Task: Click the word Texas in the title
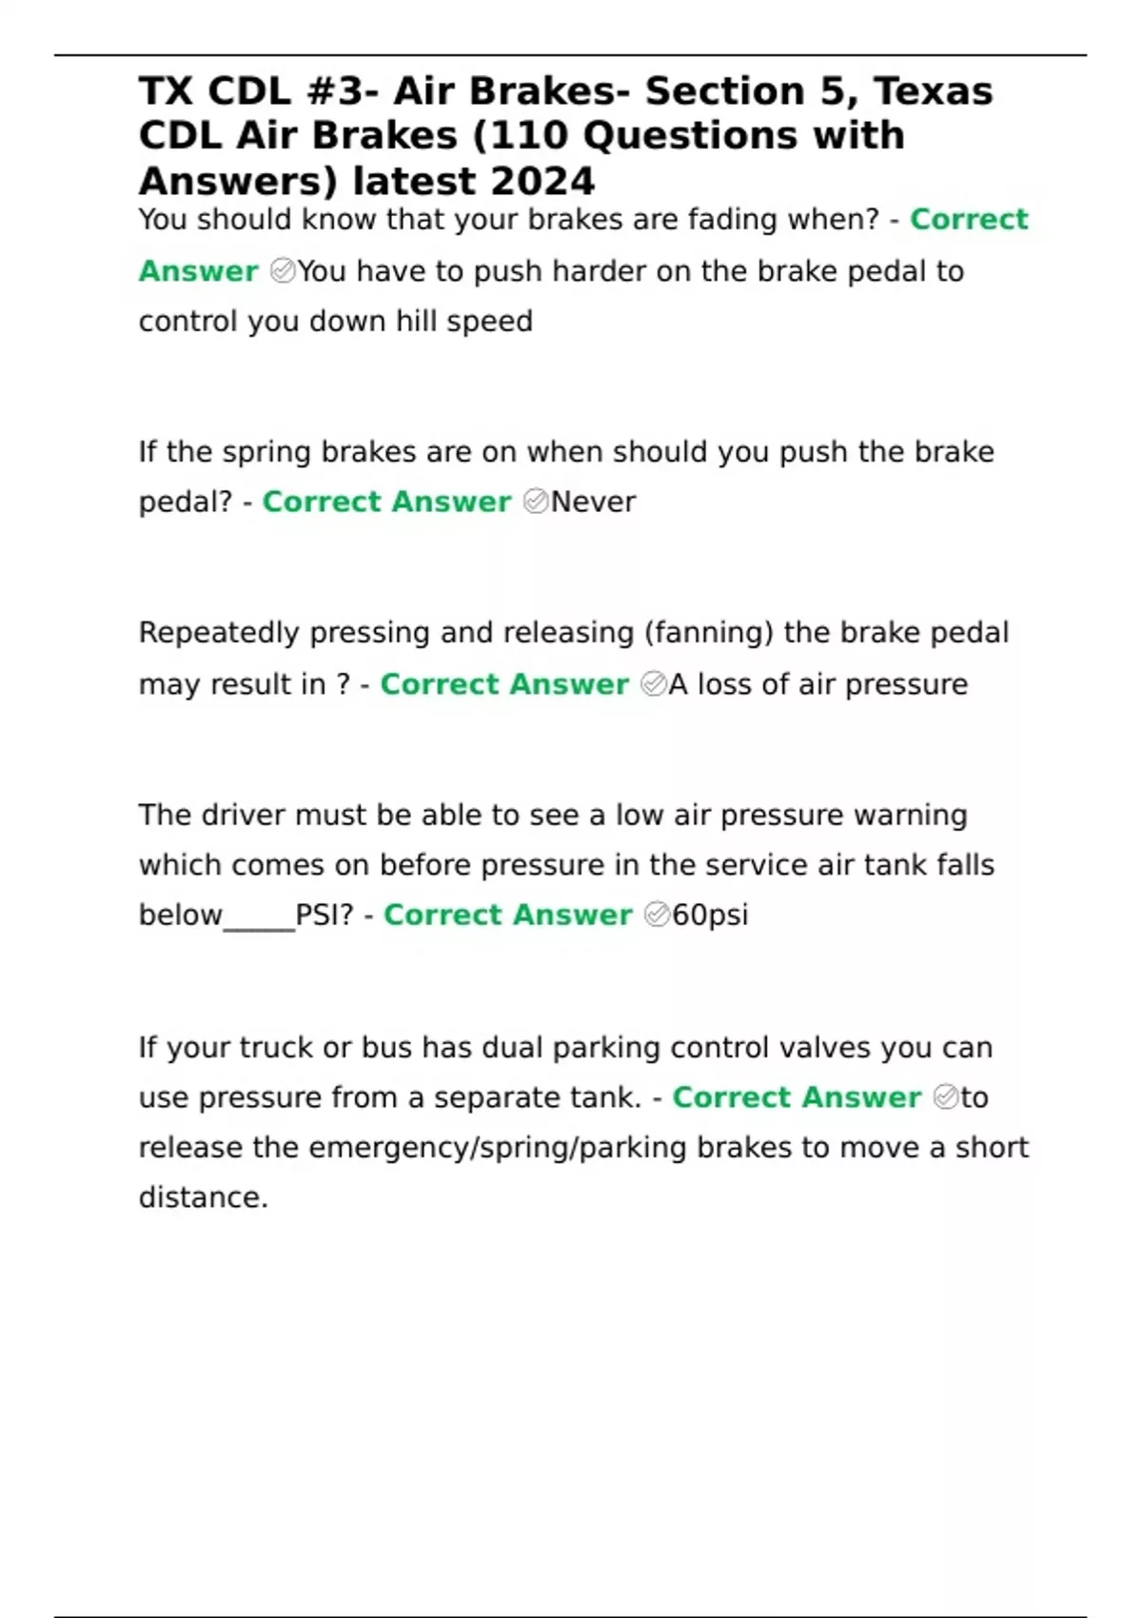pyautogui.click(x=934, y=91)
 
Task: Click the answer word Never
pyautogui.click(x=593, y=502)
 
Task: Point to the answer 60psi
pyautogui.click(x=710, y=915)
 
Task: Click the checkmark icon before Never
pyautogui.click(x=536, y=502)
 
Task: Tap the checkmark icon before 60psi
pyautogui.click(x=658, y=915)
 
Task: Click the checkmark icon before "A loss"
pyautogui.click(x=654, y=684)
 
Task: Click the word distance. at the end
pyautogui.click(x=204, y=1197)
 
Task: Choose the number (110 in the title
pyautogui.click(x=522, y=136)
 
